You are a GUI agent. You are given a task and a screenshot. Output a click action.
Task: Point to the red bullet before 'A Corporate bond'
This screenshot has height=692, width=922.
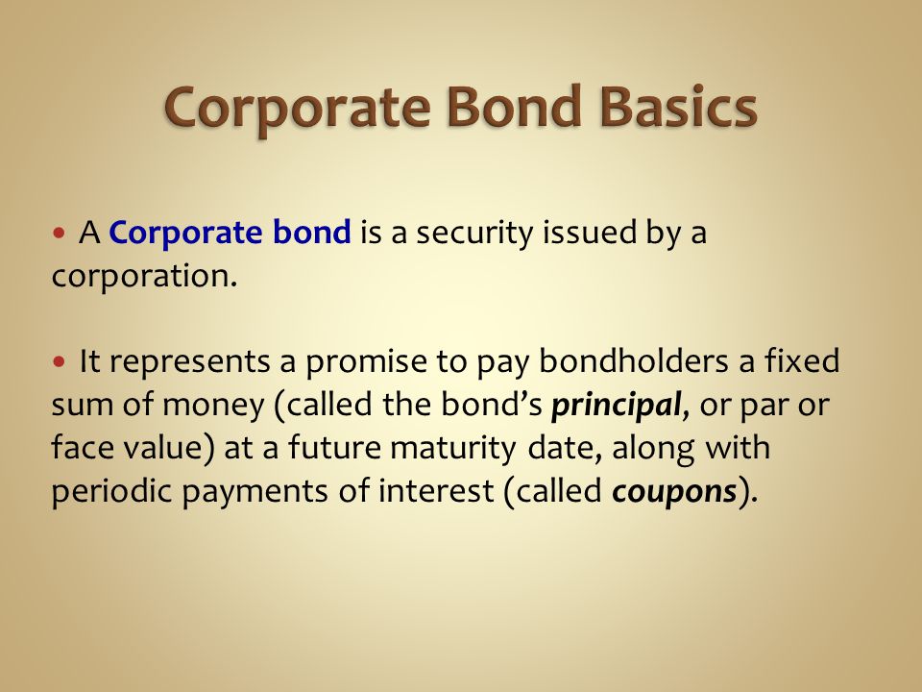59,233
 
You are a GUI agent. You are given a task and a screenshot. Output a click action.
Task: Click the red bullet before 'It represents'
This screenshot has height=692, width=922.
59,360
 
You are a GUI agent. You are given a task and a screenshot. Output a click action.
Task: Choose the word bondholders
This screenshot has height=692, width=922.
633,360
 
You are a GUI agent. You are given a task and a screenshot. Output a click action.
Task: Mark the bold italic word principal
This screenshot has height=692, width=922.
616,406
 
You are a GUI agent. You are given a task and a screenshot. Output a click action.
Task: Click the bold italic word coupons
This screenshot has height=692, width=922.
674,492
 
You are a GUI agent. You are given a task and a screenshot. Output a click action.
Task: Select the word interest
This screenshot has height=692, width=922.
436,491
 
